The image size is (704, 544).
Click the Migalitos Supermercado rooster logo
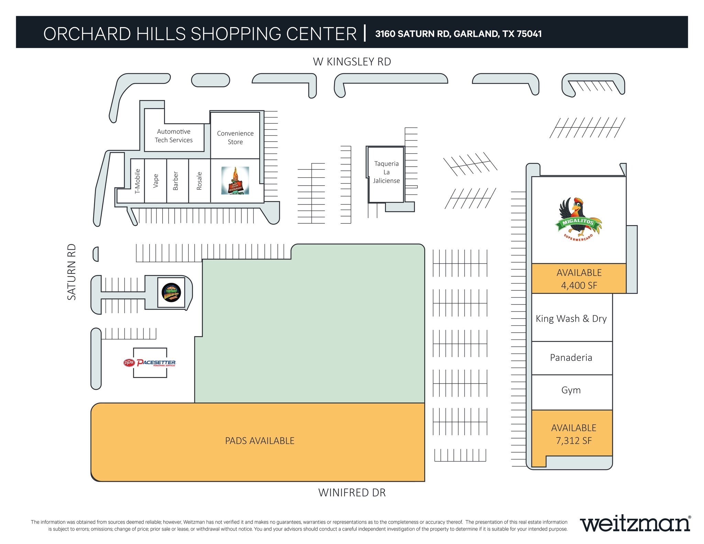[x=578, y=219]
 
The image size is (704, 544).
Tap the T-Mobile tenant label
[x=137, y=181]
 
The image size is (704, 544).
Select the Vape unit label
[x=156, y=181]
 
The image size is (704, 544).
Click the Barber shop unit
[x=176, y=181]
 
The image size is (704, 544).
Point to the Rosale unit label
[x=199, y=181]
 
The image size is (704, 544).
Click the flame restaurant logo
[x=235, y=180]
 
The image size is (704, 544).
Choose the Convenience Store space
[x=235, y=137]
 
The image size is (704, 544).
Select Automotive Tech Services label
[x=174, y=136]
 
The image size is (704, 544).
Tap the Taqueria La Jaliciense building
[x=386, y=172]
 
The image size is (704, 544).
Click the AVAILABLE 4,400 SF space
[x=579, y=279]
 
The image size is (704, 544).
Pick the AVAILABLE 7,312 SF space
[x=573, y=434]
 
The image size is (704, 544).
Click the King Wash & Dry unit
[x=571, y=319]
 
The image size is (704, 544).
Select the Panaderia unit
[x=571, y=358]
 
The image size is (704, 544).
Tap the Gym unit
[x=571, y=390]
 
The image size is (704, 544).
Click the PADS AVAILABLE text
[x=260, y=441]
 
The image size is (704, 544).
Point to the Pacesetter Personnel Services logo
[x=150, y=363]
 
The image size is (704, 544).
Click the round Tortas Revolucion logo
[x=171, y=293]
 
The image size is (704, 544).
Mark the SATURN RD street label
[x=71, y=272]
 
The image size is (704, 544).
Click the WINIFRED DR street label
[x=352, y=493]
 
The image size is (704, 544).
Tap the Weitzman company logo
[x=635, y=524]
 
